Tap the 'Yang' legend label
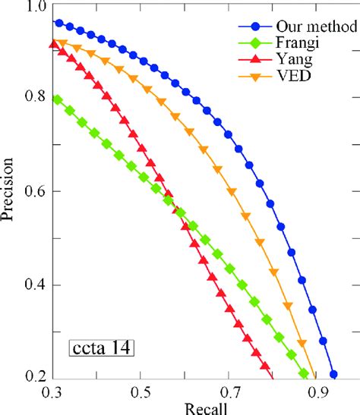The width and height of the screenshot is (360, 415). pos(292,58)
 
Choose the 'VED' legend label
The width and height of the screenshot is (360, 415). pos(291,76)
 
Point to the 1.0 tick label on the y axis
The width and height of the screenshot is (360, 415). pos(33,7)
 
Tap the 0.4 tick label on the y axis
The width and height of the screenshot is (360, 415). pos(33,285)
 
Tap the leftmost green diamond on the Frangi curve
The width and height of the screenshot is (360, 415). pos(58,99)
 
